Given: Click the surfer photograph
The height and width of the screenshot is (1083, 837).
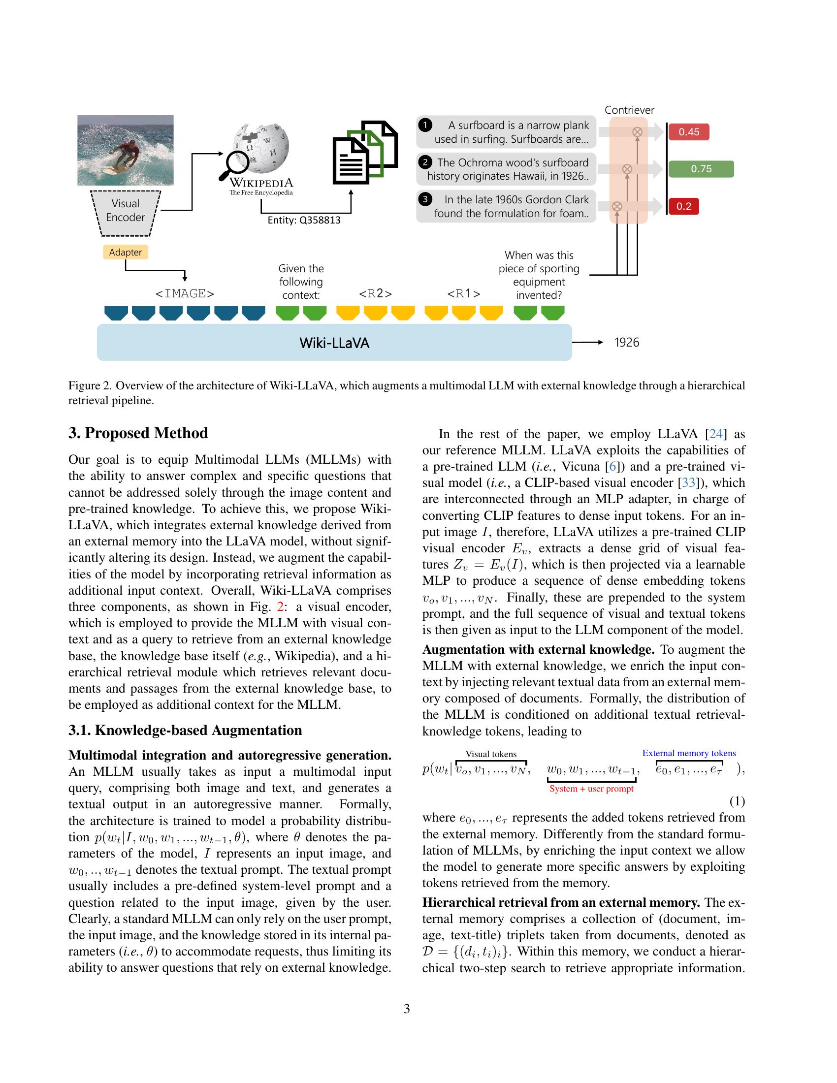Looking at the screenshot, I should pyautogui.click(x=126, y=150).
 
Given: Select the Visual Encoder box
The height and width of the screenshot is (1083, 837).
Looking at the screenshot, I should pyautogui.click(x=126, y=211).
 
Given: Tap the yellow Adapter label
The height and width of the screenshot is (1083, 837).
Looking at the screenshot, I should pyautogui.click(x=126, y=253).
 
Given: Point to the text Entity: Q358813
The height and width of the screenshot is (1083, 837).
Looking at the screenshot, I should pyautogui.click(x=304, y=220).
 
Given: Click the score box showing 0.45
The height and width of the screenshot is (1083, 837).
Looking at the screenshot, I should pyautogui.click(x=689, y=132).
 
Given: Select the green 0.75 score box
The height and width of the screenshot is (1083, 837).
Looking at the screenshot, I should pyautogui.click(x=701, y=169).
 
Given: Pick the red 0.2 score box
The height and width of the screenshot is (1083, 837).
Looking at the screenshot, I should pyautogui.click(x=684, y=206).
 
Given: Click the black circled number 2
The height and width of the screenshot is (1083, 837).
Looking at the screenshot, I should pyautogui.click(x=425, y=162).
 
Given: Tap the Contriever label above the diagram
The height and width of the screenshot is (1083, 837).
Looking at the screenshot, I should pyautogui.click(x=629, y=110).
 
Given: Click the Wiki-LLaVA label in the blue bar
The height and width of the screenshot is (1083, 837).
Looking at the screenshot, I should pyautogui.click(x=334, y=343).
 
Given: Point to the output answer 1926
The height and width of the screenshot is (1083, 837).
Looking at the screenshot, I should pyautogui.click(x=627, y=343).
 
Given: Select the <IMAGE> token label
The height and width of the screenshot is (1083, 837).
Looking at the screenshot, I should pyautogui.click(x=185, y=293).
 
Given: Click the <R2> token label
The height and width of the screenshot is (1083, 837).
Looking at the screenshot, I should pyautogui.click(x=375, y=293).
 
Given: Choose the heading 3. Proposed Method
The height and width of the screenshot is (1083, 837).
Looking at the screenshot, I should pyautogui.click(x=138, y=433).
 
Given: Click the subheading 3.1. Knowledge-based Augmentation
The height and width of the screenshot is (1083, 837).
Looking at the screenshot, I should pyautogui.click(x=186, y=731).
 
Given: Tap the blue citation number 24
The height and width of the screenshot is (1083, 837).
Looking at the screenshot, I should pyautogui.click(x=716, y=434).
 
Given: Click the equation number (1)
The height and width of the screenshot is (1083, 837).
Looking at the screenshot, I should pyautogui.click(x=737, y=801).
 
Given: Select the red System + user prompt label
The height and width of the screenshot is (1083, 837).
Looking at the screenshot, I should pyautogui.click(x=591, y=789).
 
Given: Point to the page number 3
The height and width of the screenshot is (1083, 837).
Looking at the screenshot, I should pyautogui.click(x=407, y=1009).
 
